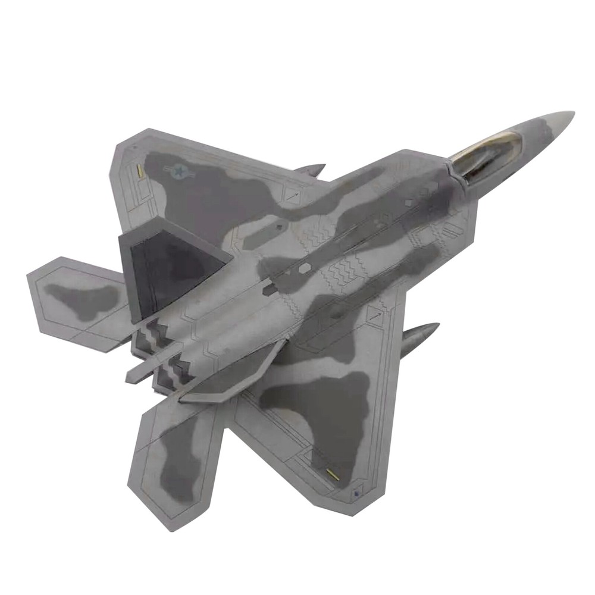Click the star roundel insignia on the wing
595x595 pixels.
point(178,171)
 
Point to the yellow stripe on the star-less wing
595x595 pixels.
point(333,474)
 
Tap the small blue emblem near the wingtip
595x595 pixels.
point(356,492)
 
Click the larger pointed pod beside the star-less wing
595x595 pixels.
point(419,338)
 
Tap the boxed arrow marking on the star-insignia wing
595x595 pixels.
point(292,194)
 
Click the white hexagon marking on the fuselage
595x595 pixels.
point(304,268)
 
